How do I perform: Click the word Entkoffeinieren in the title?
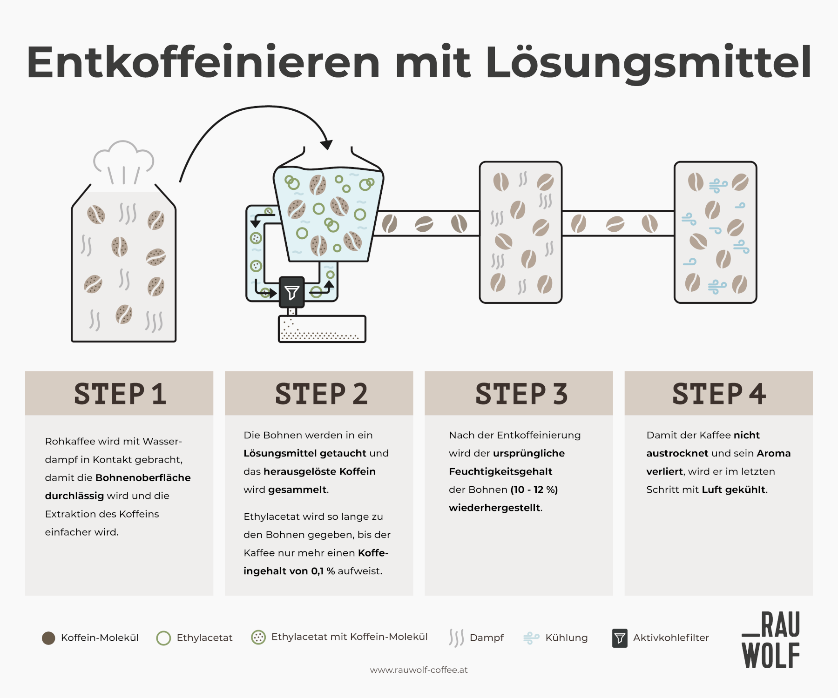tap(203, 63)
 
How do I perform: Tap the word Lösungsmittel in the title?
tap(648, 63)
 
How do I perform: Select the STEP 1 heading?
tap(120, 394)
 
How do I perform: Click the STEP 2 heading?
tap(321, 394)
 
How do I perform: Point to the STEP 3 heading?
tap(521, 394)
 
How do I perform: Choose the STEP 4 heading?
tap(718, 394)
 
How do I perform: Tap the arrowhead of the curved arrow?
tap(327, 144)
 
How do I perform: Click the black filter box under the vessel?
tap(292, 292)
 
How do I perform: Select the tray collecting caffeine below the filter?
tap(322, 329)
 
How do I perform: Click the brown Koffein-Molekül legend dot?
tap(48, 638)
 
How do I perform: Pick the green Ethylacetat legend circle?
tap(163, 638)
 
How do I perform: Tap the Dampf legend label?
tap(487, 638)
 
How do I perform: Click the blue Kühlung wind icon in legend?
tap(531, 638)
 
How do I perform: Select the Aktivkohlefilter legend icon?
tap(619, 638)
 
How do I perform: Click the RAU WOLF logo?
tap(770, 641)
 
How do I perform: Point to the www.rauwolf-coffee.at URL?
tap(419, 670)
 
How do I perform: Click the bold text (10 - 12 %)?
tap(534, 490)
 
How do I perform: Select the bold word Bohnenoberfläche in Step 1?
tap(143, 477)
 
